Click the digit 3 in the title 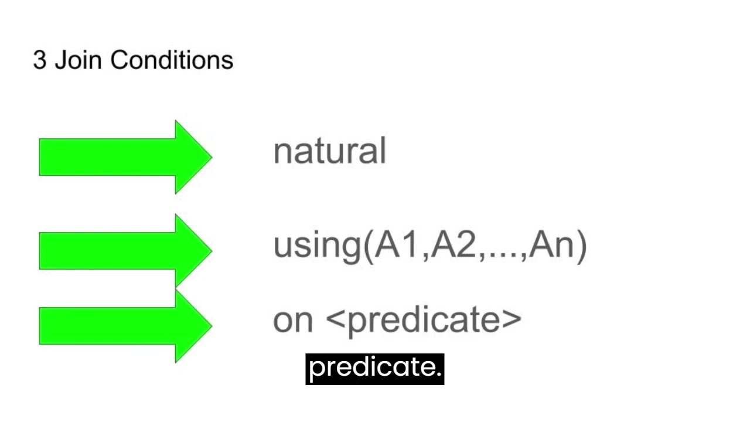coord(39,60)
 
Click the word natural coord(329,151)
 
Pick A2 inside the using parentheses coord(454,245)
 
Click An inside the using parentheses coord(551,245)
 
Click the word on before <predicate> coord(293,321)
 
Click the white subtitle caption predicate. coord(374,369)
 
